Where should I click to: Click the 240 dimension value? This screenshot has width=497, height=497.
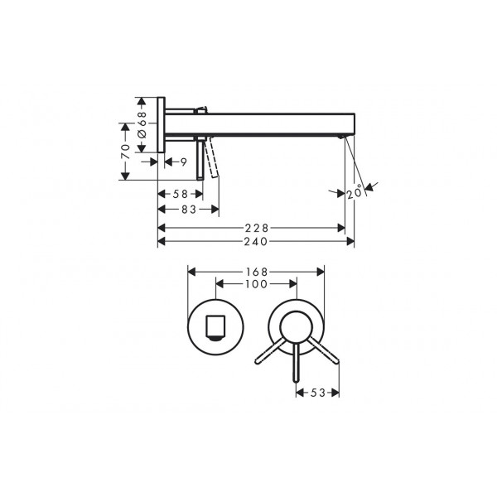256,242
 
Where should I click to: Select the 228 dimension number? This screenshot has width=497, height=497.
257,228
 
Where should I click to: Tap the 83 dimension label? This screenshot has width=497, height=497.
189,210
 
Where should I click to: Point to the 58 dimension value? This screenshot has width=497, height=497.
181,194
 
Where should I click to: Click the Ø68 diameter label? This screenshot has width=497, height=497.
142,124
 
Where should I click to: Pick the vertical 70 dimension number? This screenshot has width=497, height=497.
126,152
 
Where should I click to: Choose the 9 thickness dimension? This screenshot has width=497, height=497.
184,162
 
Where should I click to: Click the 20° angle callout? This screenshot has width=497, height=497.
355,191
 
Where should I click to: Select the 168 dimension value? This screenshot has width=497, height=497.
257,272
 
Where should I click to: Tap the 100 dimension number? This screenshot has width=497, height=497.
257,284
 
